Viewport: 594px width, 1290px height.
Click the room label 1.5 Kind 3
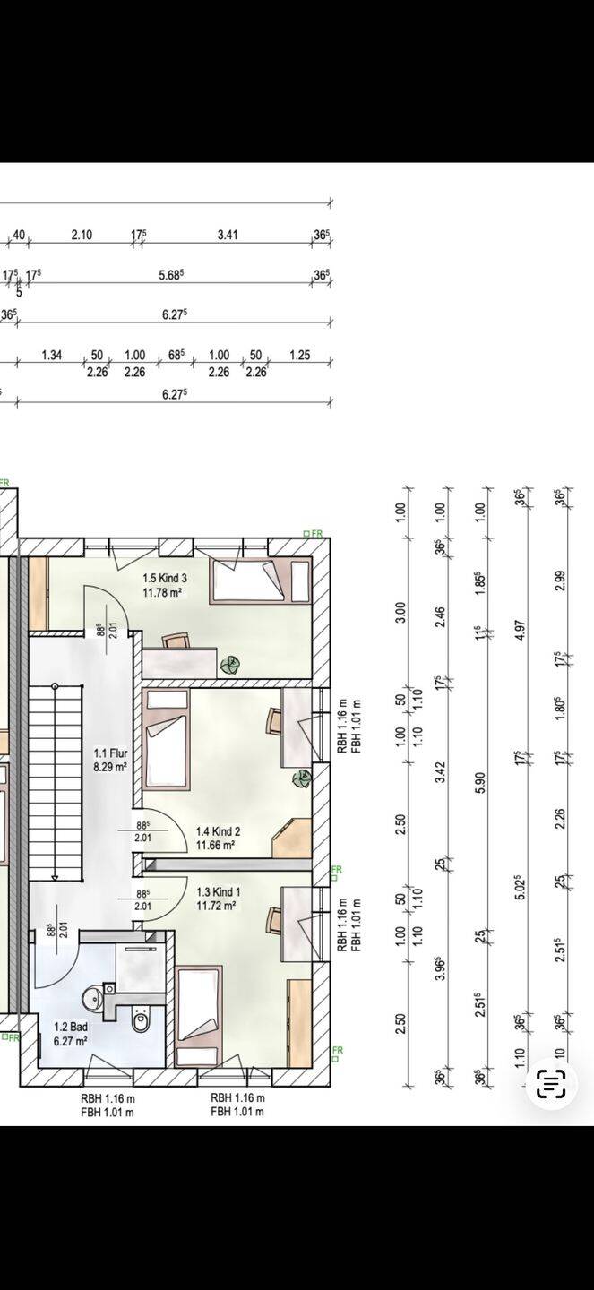(165, 578)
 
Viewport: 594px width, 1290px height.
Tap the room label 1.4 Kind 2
(218, 831)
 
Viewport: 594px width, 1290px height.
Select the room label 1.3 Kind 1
(219, 892)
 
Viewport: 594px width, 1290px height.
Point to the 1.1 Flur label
(110, 753)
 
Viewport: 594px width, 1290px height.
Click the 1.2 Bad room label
(71, 1027)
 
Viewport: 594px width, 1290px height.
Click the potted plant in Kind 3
(230, 665)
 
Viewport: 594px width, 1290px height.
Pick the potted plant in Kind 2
(302, 779)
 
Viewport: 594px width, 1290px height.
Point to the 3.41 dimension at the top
(228, 235)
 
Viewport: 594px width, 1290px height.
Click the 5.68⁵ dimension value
(172, 275)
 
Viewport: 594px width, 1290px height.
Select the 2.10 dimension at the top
(82, 235)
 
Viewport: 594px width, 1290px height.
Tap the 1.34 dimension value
(52, 356)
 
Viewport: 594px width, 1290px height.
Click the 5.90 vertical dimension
(480, 782)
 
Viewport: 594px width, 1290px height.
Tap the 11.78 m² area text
(164, 592)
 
